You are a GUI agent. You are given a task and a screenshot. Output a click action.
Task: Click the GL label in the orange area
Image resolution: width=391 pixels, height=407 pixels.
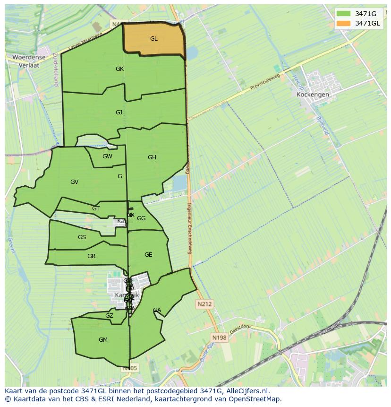coord(153,39)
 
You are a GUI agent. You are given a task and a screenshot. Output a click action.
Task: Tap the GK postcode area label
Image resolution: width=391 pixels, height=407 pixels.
coord(119,69)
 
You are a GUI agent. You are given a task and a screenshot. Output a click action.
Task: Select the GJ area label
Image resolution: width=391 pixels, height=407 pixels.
coord(119,113)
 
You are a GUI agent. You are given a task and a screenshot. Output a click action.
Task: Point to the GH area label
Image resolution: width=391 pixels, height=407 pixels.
coord(152,157)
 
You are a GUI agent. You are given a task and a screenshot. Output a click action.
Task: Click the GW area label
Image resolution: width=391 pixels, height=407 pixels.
coord(107,156)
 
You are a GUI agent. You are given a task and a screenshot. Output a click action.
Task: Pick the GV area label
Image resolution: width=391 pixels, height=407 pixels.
coord(74,182)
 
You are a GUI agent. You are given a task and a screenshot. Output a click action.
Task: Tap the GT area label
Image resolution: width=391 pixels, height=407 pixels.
coord(96,208)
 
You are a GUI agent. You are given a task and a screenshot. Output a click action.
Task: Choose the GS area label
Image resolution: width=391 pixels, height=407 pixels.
coord(82,237)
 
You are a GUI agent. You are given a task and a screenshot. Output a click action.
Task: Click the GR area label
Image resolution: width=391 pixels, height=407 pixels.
coord(91,256)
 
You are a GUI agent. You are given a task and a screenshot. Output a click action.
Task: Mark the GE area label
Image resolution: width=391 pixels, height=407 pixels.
coord(148,255)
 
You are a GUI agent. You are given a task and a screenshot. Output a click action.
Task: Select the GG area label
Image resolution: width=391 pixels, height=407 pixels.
coord(141,218)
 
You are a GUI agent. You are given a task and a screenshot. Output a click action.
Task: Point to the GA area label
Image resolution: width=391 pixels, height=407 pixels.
coord(157,310)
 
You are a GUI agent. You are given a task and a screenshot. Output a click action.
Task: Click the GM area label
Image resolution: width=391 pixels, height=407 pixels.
coord(103,340)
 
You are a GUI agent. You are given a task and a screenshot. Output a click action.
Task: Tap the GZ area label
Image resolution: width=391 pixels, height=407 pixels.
coord(109,316)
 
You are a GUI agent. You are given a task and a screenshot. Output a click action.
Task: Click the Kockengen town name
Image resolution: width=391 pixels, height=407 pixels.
coord(313,95)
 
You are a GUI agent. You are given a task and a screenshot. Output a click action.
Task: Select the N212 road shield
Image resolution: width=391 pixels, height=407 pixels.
coord(205,304)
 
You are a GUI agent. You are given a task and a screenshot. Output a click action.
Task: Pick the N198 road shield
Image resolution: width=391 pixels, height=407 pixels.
coord(219,338)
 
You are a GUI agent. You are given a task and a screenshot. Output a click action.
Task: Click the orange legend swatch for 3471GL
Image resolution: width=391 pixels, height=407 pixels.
coord(343,23)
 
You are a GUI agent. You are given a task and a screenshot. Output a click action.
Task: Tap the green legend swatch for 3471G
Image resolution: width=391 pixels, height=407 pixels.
coord(343,14)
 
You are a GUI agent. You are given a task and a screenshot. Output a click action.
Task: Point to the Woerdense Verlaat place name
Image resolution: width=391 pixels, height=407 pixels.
coord(29,61)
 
